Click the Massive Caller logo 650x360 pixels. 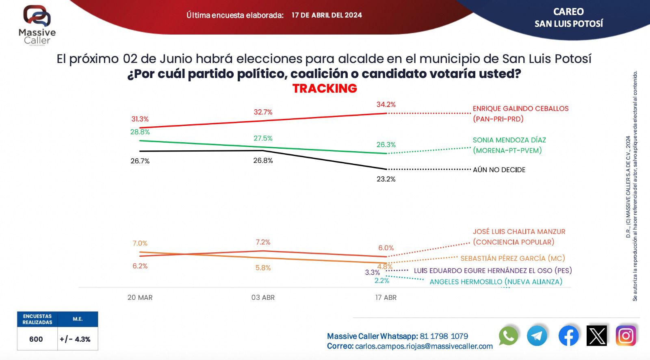point(37,24)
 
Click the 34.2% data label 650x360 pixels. point(386,104)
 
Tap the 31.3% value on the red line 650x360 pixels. point(140,119)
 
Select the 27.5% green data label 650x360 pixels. point(263,138)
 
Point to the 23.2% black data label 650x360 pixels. point(386,179)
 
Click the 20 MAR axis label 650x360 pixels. point(140,297)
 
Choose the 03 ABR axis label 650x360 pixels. point(263,297)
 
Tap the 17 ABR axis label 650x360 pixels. point(386,297)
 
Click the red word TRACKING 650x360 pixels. point(325,88)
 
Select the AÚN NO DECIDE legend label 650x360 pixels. point(499,170)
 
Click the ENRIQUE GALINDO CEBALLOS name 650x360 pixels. point(520,108)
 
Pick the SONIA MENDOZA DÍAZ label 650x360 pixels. point(509,140)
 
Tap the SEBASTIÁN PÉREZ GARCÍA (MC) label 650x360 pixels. point(512,258)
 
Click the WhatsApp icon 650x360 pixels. point(508,336)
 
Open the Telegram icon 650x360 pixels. point(537,336)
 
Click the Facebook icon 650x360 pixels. point(568,336)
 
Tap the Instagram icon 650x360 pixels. point(626,336)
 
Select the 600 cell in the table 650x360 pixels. point(36,339)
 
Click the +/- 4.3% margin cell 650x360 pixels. point(75,339)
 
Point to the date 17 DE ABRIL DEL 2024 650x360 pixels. point(327,15)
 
